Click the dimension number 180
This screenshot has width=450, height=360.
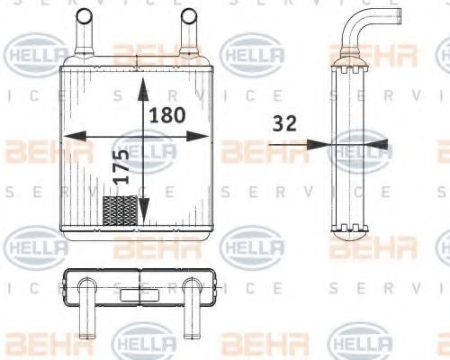167,115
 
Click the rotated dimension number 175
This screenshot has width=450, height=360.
121,166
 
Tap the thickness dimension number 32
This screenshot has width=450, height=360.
284,123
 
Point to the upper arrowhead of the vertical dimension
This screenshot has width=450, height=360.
143,89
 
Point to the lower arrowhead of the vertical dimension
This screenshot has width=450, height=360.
144,211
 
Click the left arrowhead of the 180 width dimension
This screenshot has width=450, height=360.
75,136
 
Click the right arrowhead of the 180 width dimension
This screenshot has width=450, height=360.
197,136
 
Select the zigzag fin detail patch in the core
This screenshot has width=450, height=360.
120,211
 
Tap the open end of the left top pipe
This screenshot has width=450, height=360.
85,15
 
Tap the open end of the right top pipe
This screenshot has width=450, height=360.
190,15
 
